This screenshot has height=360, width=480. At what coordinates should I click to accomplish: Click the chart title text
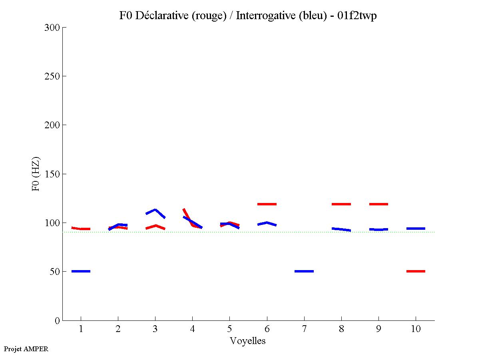(248, 16)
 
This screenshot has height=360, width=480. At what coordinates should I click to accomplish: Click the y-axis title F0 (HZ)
(36, 174)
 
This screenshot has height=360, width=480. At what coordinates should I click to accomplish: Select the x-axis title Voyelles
(248, 341)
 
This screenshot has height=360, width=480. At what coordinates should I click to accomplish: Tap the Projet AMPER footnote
(26, 349)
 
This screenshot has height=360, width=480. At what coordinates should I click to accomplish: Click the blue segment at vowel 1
(81, 271)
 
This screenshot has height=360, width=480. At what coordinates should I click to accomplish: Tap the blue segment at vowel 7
(304, 271)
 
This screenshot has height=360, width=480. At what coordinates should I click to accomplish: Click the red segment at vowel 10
(416, 271)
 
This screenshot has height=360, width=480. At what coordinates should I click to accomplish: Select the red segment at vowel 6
(267, 204)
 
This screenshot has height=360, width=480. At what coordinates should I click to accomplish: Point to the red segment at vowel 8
(341, 204)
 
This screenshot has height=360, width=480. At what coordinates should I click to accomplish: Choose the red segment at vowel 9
(378, 204)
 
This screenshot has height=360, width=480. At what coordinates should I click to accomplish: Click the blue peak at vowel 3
(155, 210)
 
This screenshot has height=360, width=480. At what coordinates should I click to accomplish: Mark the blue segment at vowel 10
(416, 229)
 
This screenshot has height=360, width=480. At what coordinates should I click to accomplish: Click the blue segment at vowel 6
(267, 223)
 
